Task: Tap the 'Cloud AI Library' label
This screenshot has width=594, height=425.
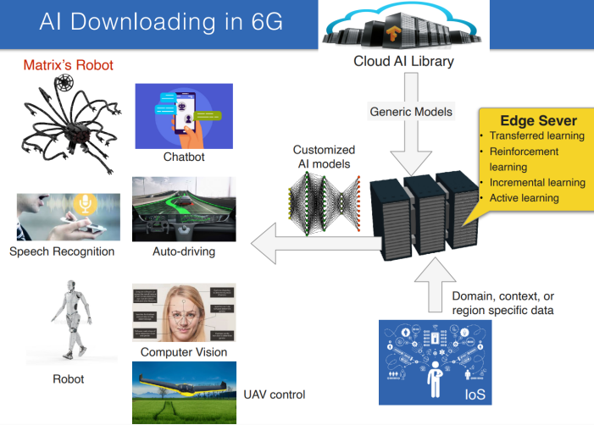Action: click(x=403, y=61)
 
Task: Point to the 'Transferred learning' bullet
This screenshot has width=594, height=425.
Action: click(x=537, y=135)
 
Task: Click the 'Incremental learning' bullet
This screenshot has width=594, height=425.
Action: click(x=537, y=182)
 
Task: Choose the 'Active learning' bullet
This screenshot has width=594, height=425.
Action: click(x=525, y=198)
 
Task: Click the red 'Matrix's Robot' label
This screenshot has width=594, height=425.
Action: click(x=68, y=64)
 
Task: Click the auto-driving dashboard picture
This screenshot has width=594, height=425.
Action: click(x=184, y=208)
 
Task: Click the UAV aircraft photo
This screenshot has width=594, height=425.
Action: click(x=184, y=392)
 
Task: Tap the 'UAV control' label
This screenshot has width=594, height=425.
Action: click(x=274, y=395)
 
